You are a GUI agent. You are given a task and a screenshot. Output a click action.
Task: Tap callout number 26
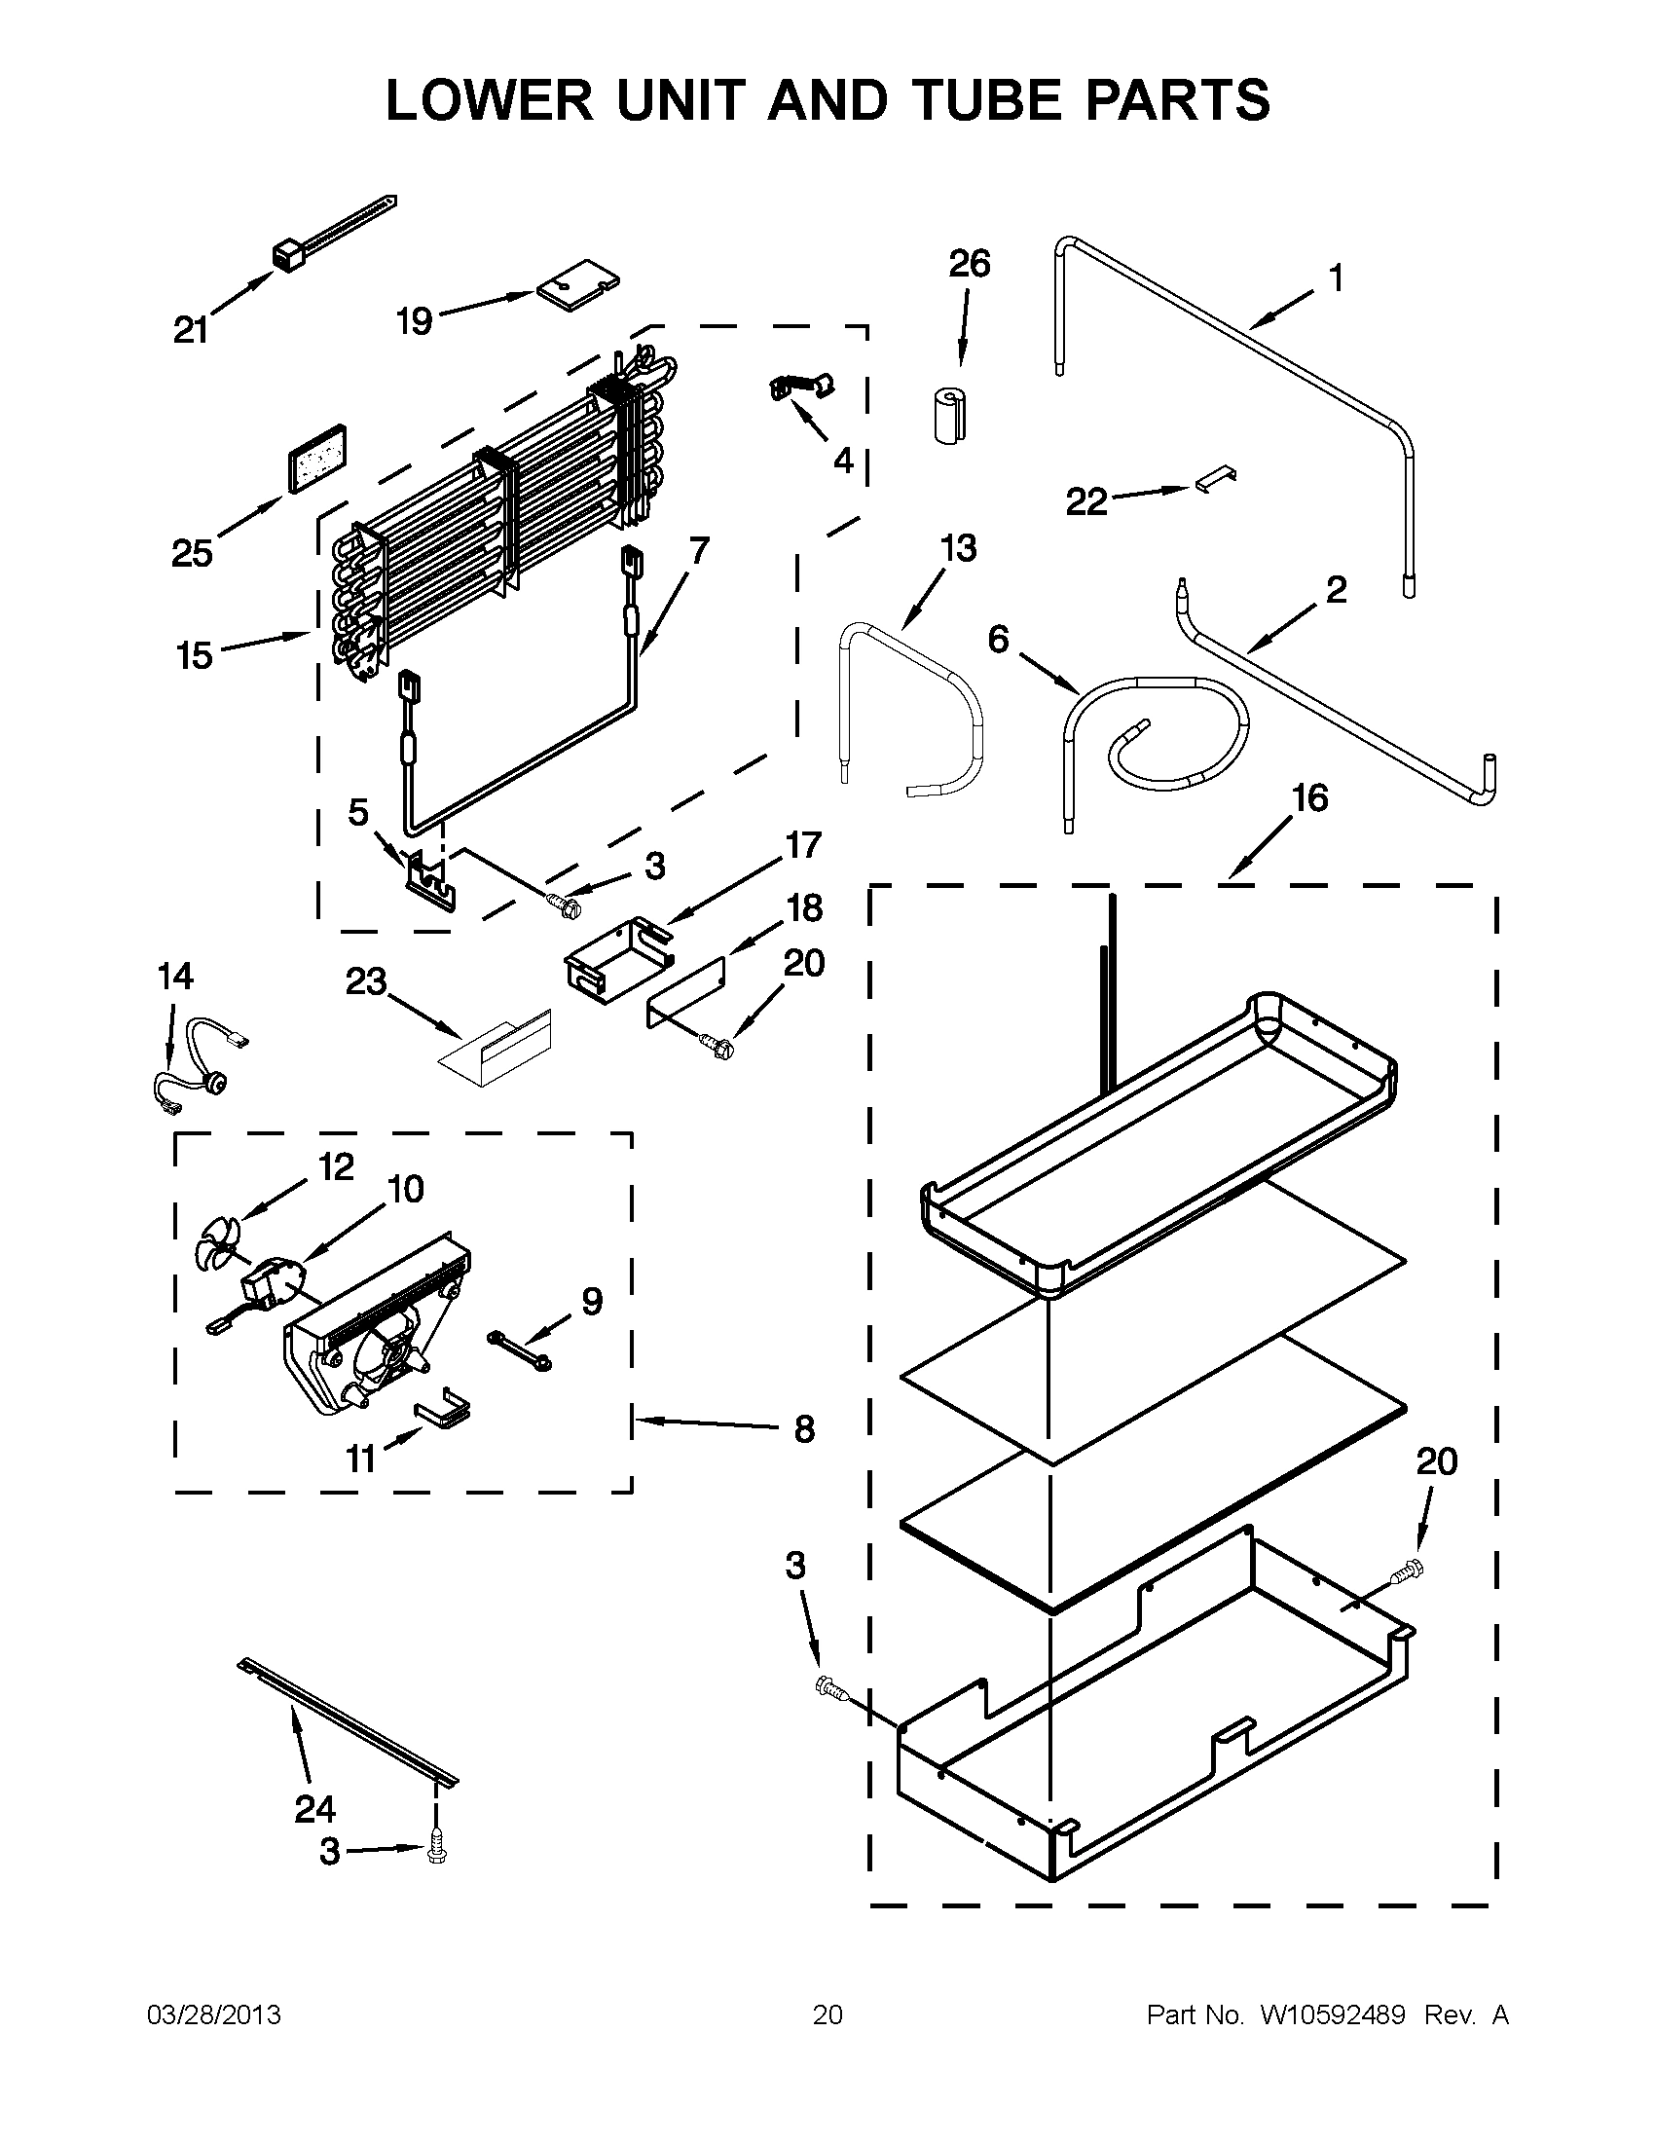coord(970,264)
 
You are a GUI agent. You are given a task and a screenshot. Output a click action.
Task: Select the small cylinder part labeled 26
coord(947,416)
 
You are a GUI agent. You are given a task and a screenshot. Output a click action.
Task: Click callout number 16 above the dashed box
coord(1309,797)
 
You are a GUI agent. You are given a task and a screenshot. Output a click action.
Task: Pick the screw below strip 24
coord(435,1852)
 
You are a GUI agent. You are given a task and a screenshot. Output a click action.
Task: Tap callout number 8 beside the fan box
coord(803,1428)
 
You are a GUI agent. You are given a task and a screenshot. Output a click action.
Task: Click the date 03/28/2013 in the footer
coord(213,2015)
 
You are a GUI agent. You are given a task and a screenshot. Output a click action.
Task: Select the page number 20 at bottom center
coord(827,2015)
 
